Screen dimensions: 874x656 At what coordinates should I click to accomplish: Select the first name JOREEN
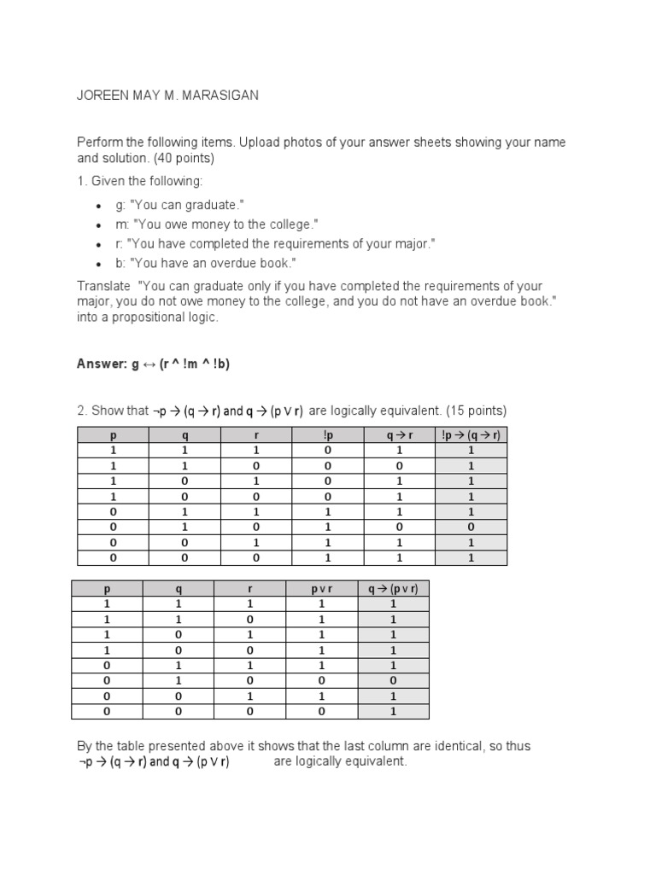(101, 96)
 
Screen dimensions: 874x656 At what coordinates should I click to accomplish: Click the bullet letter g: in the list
(120, 206)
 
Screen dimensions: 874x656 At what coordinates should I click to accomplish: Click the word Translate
(102, 286)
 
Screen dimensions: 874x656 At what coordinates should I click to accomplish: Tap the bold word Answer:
(102, 364)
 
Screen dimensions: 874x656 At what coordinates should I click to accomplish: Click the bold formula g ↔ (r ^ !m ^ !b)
(180, 364)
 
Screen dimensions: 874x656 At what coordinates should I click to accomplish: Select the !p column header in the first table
(328, 434)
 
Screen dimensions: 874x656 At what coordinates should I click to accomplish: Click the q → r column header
(399, 434)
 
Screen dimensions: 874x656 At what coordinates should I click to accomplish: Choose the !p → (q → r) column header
(471, 434)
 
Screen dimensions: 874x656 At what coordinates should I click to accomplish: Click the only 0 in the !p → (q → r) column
(471, 527)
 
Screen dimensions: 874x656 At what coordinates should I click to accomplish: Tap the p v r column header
(321, 588)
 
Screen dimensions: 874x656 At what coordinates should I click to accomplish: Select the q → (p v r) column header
(393, 588)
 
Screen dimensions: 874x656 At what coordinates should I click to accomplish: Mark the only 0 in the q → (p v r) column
(393, 680)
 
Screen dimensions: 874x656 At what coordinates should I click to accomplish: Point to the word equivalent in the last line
(373, 761)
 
